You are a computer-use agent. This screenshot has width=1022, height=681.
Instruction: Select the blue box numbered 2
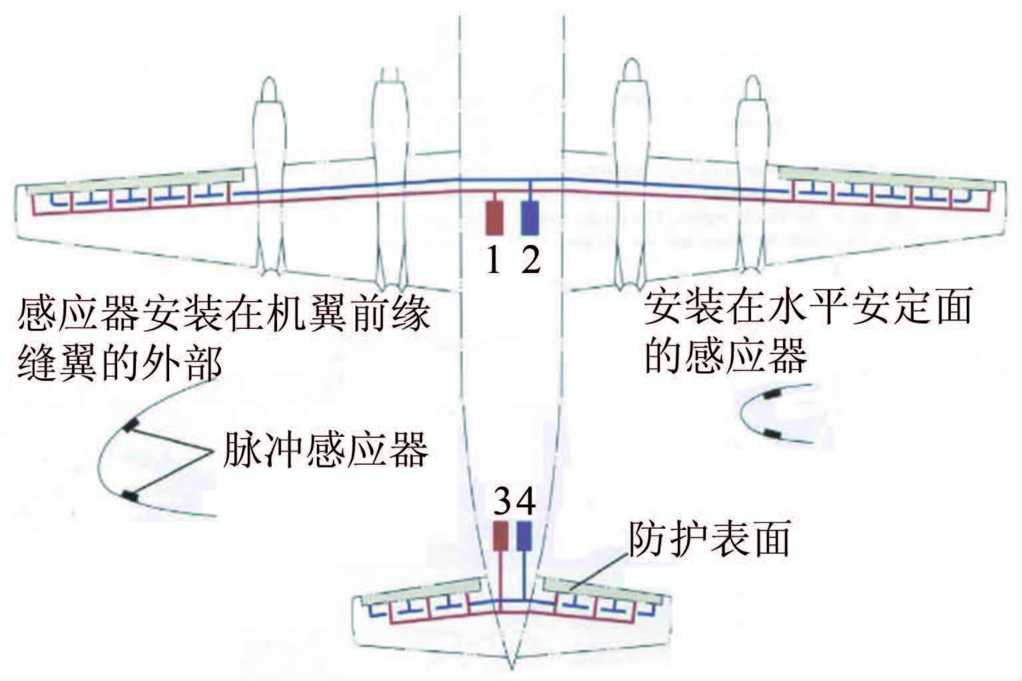(x=530, y=218)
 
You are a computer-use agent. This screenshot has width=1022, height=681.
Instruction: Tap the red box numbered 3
(x=501, y=536)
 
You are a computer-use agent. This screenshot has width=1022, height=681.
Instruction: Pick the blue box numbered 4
(x=524, y=536)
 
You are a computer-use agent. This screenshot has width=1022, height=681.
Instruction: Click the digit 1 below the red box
(x=493, y=262)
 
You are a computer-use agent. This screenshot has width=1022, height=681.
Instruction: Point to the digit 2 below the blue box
(x=531, y=262)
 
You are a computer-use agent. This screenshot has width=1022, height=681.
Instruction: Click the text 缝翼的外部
(x=119, y=362)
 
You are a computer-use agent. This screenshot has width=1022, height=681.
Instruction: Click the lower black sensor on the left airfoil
(x=130, y=496)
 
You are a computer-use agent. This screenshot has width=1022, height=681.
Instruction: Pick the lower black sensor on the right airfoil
(x=772, y=435)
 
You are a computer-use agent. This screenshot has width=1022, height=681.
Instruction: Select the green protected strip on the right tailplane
(x=603, y=590)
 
